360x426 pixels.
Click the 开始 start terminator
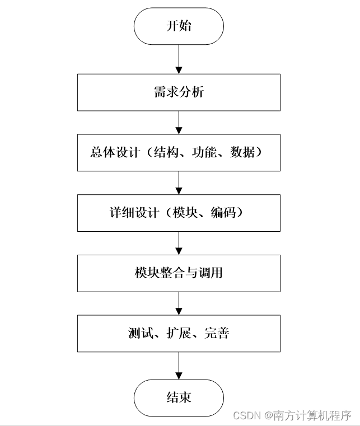pyautogui.click(x=179, y=26)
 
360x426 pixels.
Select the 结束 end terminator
pyautogui.click(x=179, y=398)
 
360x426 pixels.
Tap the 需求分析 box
pyautogui.click(x=179, y=92)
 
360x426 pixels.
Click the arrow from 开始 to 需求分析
pyautogui.click(x=179, y=59)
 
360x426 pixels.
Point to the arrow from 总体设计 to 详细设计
pyautogui.click(x=179, y=182)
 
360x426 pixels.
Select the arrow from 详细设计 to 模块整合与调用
pyautogui.click(x=179, y=243)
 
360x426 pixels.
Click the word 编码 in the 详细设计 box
pyautogui.click(x=223, y=213)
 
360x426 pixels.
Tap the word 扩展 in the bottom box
pyautogui.click(x=179, y=334)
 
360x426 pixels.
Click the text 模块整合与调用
pyautogui.click(x=179, y=273)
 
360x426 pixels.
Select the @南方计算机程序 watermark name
pyautogui.click(x=308, y=416)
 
